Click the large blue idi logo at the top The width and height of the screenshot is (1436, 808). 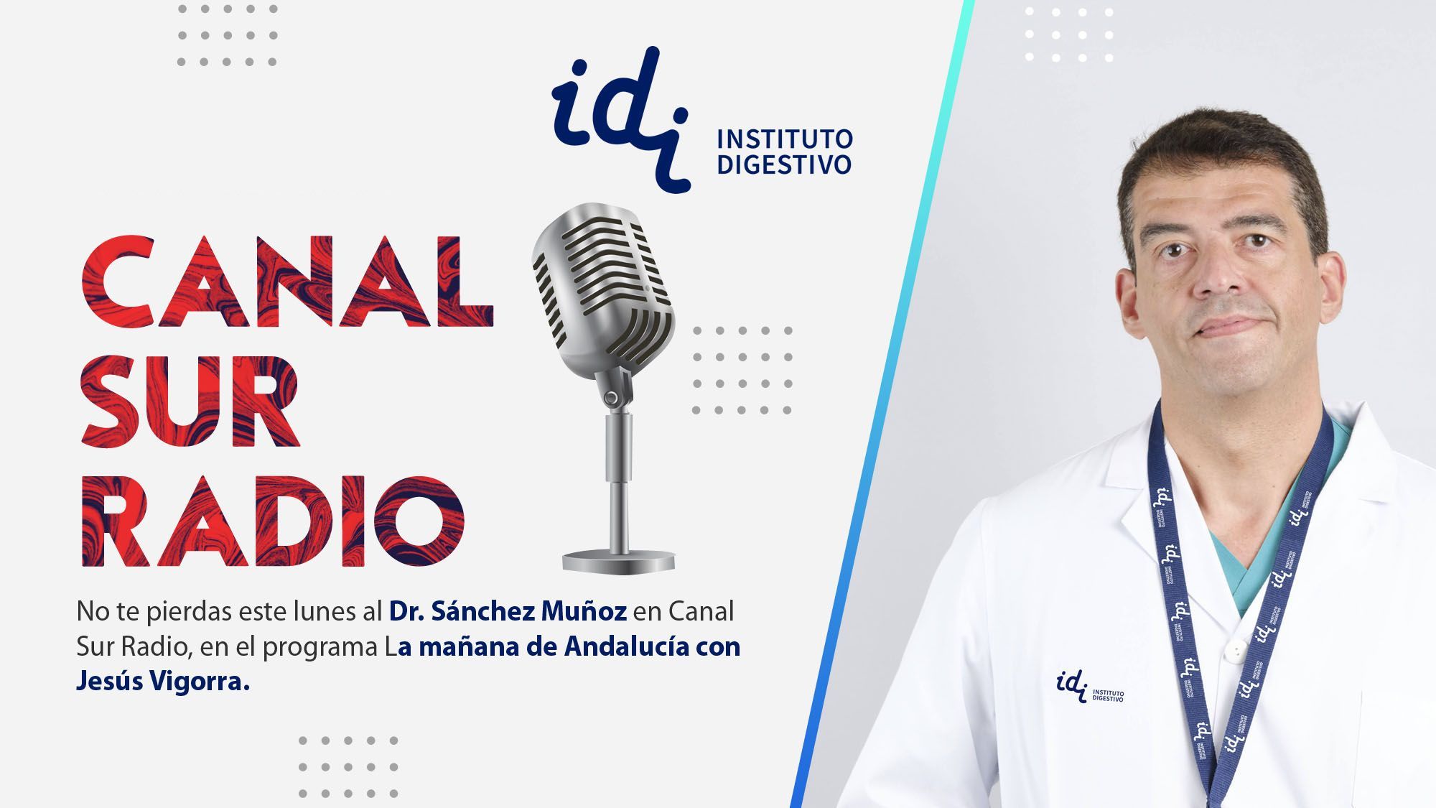(x=622, y=119)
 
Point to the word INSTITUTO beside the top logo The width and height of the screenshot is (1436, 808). (x=785, y=139)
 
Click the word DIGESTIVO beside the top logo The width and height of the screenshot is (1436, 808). (x=785, y=164)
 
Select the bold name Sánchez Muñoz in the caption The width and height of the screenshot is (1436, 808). (x=530, y=612)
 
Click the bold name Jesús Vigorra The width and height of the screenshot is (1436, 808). (x=163, y=682)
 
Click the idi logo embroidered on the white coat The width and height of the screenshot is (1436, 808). (x=1090, y=686)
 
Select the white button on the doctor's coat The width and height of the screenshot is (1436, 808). (x=1234, y=651)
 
